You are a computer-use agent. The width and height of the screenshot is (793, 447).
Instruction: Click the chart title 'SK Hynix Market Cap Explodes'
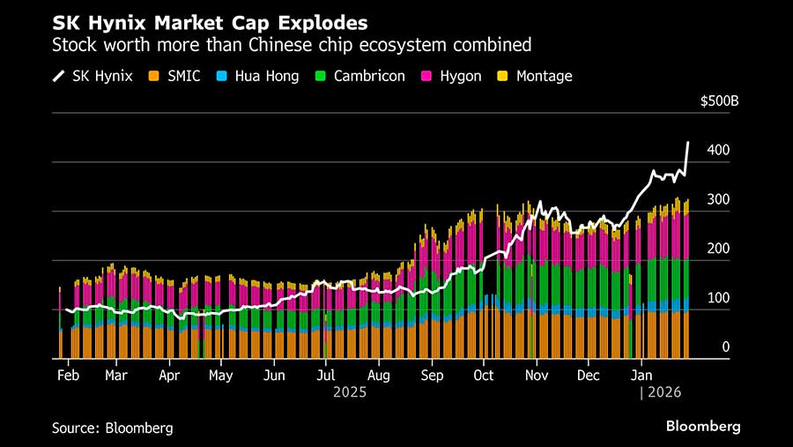tap(211, 20)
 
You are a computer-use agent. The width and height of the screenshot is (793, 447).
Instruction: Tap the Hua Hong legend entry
tap(263, 76)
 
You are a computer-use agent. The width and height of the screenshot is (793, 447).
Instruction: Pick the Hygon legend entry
tap(453, 76)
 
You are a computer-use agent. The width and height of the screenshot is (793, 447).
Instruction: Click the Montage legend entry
tap(536, 76)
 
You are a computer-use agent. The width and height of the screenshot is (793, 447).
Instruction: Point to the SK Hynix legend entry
tap(93, 76)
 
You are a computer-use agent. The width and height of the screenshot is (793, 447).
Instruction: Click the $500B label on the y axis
tap(719, 101)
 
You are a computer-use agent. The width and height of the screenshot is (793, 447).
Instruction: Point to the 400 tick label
tap(718, 151)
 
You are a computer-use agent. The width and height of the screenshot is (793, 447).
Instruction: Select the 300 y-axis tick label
tap(718, 200)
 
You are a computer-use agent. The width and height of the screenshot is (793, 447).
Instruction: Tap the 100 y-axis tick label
tap(718, 299)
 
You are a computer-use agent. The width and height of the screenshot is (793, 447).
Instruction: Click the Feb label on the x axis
tap(66, 375)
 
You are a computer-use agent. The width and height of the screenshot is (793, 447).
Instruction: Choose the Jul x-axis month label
tap(325, 375)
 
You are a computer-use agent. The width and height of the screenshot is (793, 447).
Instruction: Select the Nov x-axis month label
tap(537, 375)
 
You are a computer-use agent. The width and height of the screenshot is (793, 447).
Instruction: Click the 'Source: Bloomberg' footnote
tap(112, 428)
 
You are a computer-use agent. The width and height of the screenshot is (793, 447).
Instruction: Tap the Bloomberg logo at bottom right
tap(702, 427)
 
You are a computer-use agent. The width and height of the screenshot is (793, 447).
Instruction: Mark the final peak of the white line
tap(688, 143)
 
